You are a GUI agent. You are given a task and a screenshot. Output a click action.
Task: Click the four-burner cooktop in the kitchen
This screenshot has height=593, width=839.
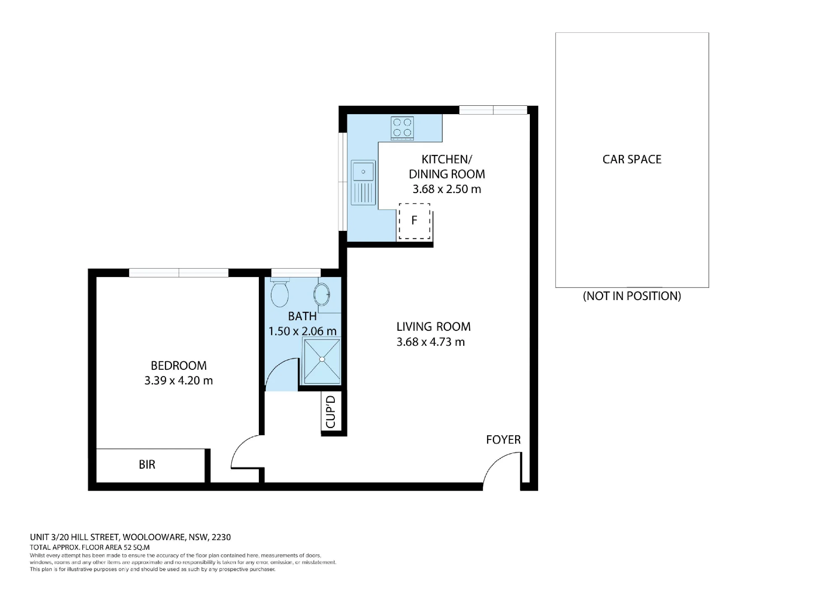point(402,128)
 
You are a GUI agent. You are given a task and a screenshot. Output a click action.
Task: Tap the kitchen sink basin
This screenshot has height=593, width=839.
point(363,172)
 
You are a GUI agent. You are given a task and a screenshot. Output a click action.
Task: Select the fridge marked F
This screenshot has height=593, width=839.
point(414,221)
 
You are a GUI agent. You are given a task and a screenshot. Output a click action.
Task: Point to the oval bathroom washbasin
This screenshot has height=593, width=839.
point(322,294)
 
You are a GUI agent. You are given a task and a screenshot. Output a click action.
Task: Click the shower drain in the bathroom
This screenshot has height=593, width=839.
point(322,359)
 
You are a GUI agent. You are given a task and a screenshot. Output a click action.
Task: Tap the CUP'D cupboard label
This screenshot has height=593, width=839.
point(331,412)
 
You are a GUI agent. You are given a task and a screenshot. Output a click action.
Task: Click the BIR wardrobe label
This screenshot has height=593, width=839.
point(147,465)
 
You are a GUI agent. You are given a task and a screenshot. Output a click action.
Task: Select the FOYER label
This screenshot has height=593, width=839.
point(503,439)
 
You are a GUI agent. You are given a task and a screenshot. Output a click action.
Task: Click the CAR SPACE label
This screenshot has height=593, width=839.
point(632,159)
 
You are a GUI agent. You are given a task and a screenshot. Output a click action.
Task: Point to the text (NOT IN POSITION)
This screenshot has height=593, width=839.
point(632,296)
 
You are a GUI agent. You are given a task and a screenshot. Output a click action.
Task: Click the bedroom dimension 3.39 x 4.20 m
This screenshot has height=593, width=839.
point(179,381)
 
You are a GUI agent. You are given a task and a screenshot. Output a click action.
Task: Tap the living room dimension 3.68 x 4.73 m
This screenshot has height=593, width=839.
point(431,342)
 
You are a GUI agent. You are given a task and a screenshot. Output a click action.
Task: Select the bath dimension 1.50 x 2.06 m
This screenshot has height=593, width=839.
point(302,331)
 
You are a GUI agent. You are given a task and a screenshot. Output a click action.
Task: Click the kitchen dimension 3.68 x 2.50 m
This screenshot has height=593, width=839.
point(447,189)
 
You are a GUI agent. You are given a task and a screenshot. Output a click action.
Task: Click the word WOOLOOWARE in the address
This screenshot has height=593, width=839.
point(154,537)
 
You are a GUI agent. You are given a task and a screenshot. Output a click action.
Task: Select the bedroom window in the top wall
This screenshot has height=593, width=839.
point(179,273)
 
